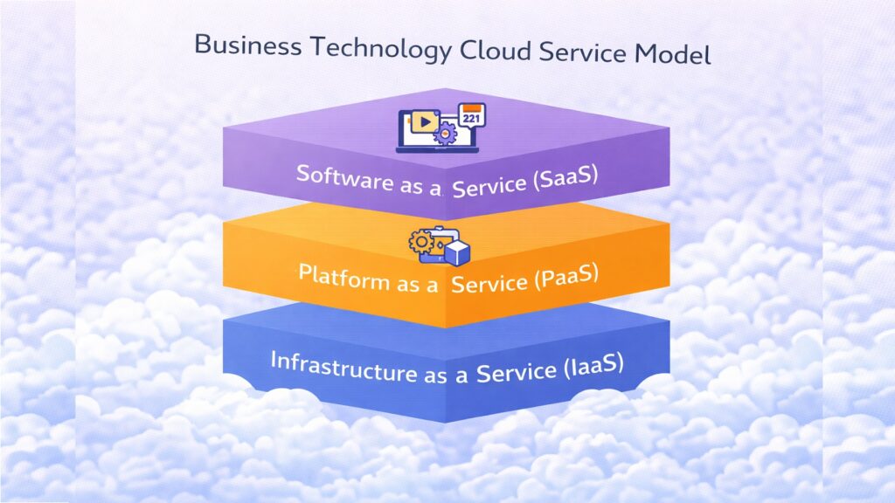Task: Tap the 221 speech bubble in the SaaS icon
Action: [x=471, y=117]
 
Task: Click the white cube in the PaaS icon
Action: [x=456, y=254]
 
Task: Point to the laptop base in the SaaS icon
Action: [x=428, y=150]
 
